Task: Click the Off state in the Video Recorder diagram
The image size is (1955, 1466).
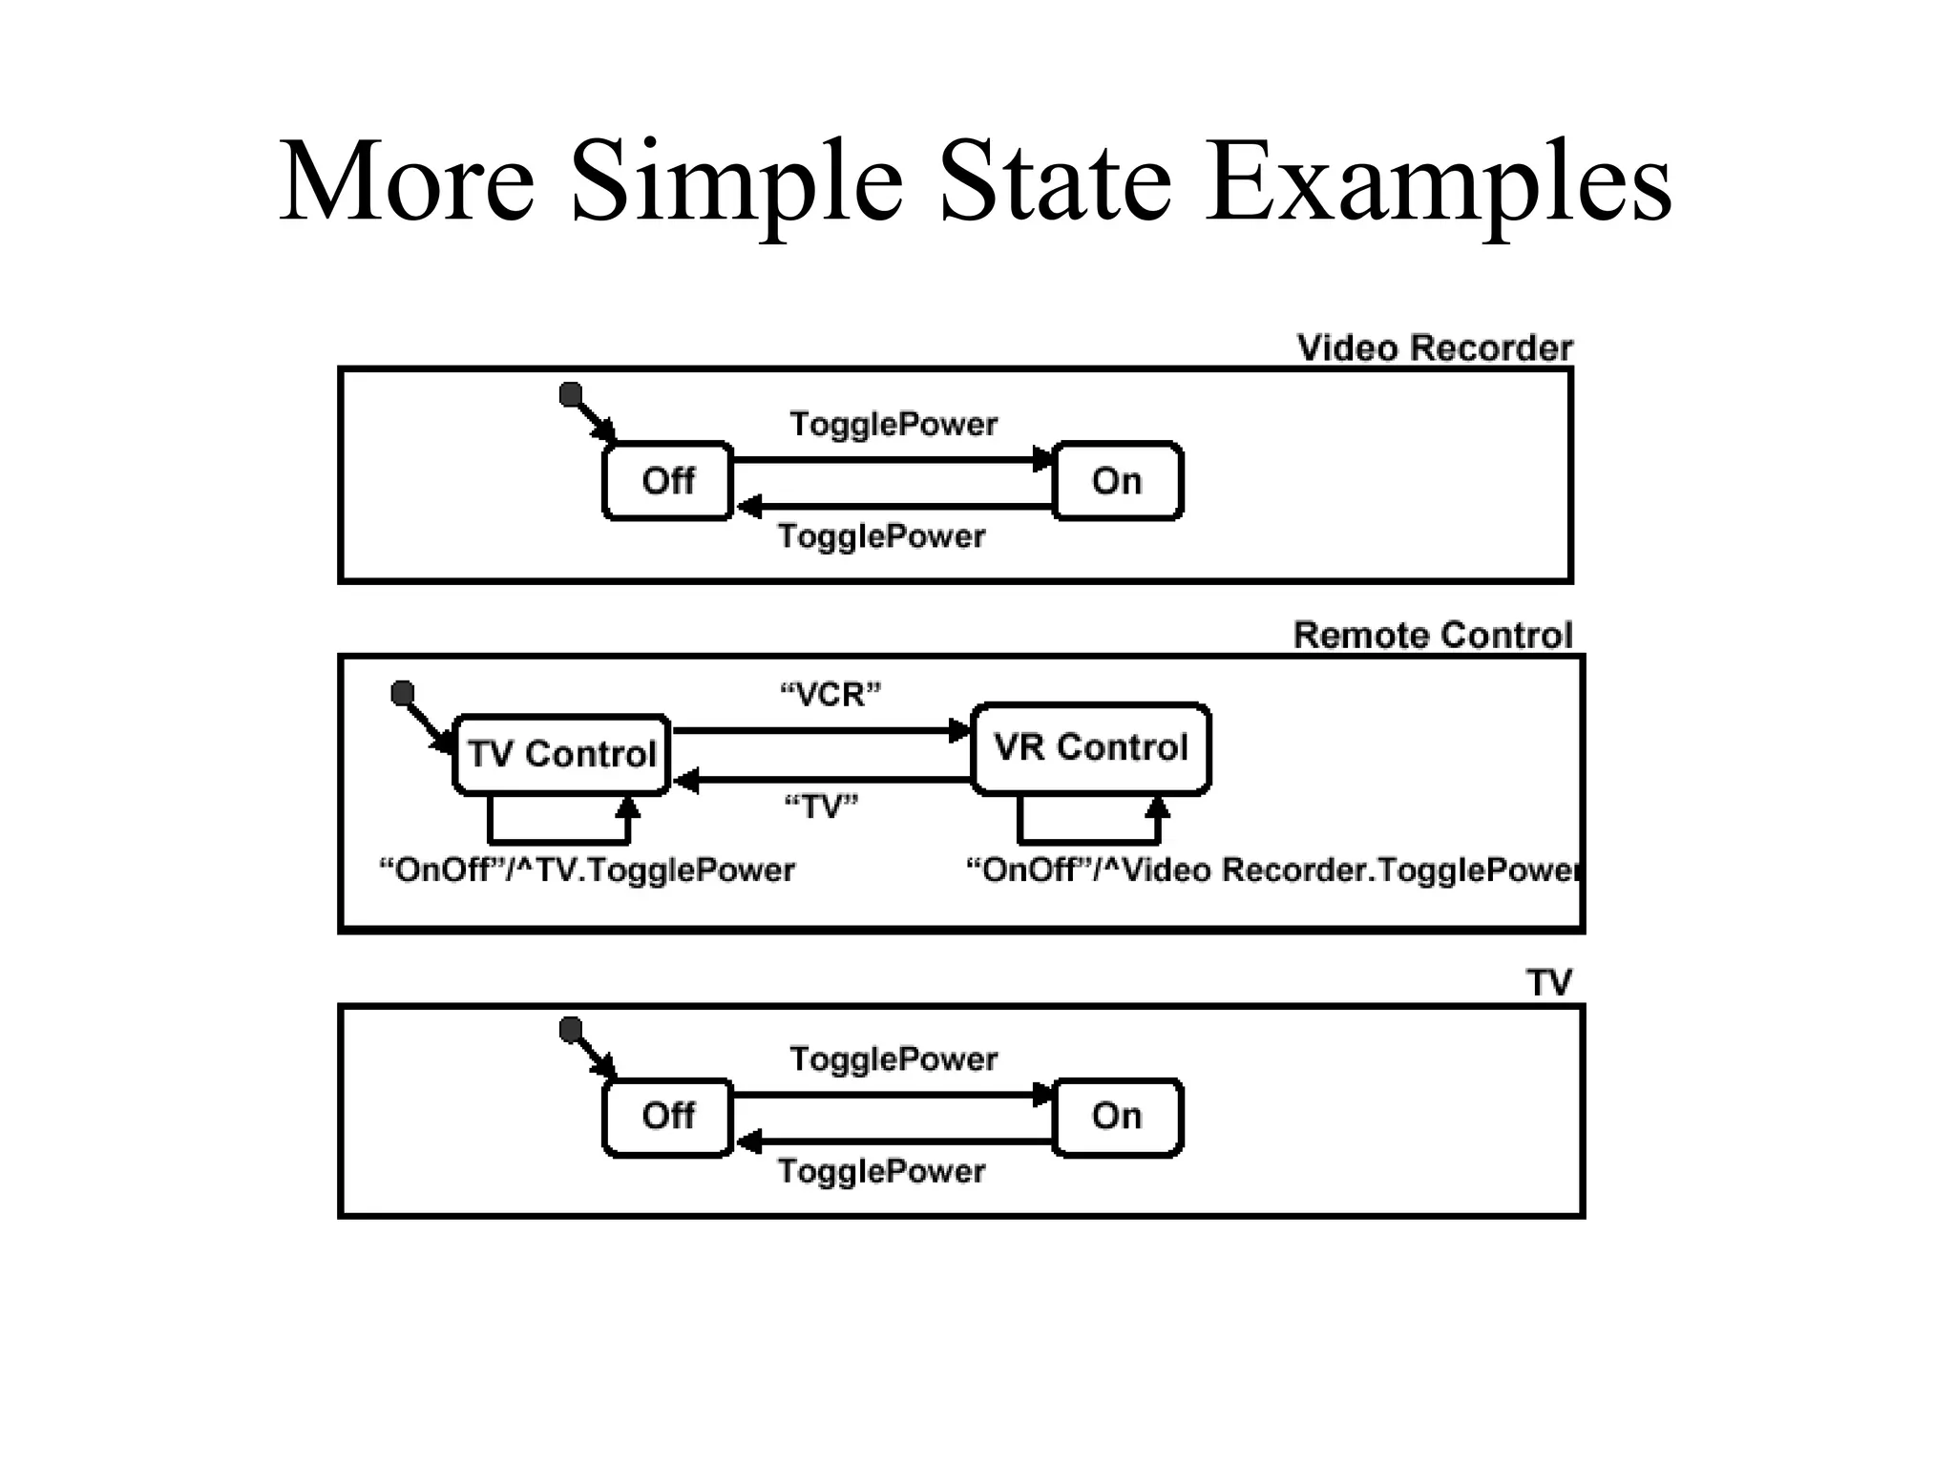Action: [x=668, y=481]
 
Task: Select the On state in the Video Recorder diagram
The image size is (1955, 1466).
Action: [x=1117, y=481]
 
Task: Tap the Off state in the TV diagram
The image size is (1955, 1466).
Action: [x=668, y=1116]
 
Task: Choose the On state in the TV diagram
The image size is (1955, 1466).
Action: [x=1117, y=1116]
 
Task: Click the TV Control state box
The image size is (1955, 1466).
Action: [x=561, y=754]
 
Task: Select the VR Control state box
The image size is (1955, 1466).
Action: [x=1091, y=748]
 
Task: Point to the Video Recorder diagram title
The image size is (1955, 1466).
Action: [x=1434, y=348]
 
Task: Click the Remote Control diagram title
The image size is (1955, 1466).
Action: [x=1432, y=636]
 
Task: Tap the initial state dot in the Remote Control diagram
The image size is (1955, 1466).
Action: [x=403, y=691]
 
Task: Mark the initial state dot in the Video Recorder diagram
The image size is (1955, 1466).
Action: [x=571, y=393]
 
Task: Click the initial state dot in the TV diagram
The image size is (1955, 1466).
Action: [x=571, y=1029]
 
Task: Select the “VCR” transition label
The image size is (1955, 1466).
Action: [x=830, y=695]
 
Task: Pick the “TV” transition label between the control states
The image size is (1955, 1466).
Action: [x=821, y=807]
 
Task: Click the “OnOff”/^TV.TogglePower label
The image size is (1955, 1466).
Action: [x=587, y=870]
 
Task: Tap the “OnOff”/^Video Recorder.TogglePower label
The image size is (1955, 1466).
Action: [x=1272, y=870]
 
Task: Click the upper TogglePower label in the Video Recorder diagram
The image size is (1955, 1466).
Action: [x=893, y=424]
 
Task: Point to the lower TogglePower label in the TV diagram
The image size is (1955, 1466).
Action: [x=881, y=1171]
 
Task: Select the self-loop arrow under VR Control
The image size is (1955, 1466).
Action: [x=1089, y=840]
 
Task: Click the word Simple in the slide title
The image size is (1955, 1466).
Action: [x=736, y=181]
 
